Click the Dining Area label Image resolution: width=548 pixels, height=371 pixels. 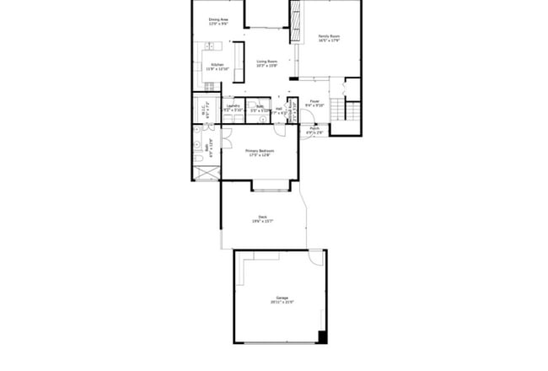[218, 19]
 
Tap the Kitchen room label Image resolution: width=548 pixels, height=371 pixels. [217, 65]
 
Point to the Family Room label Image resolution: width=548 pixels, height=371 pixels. [329, 35]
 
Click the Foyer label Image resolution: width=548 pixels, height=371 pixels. [314, 101]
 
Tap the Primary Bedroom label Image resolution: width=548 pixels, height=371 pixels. [261, 151]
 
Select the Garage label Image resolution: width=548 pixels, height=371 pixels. [282, 298]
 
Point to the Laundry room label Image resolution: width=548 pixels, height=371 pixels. [234, 106]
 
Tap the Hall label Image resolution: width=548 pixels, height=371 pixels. [278, 108]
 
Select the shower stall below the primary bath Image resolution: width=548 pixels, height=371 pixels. [206, 173]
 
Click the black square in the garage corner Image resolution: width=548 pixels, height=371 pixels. [322, 337]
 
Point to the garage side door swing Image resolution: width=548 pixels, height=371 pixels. [316, 257]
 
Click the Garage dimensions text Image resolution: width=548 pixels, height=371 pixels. [282, 303]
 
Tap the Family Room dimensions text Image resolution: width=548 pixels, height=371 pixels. [329, 40]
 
